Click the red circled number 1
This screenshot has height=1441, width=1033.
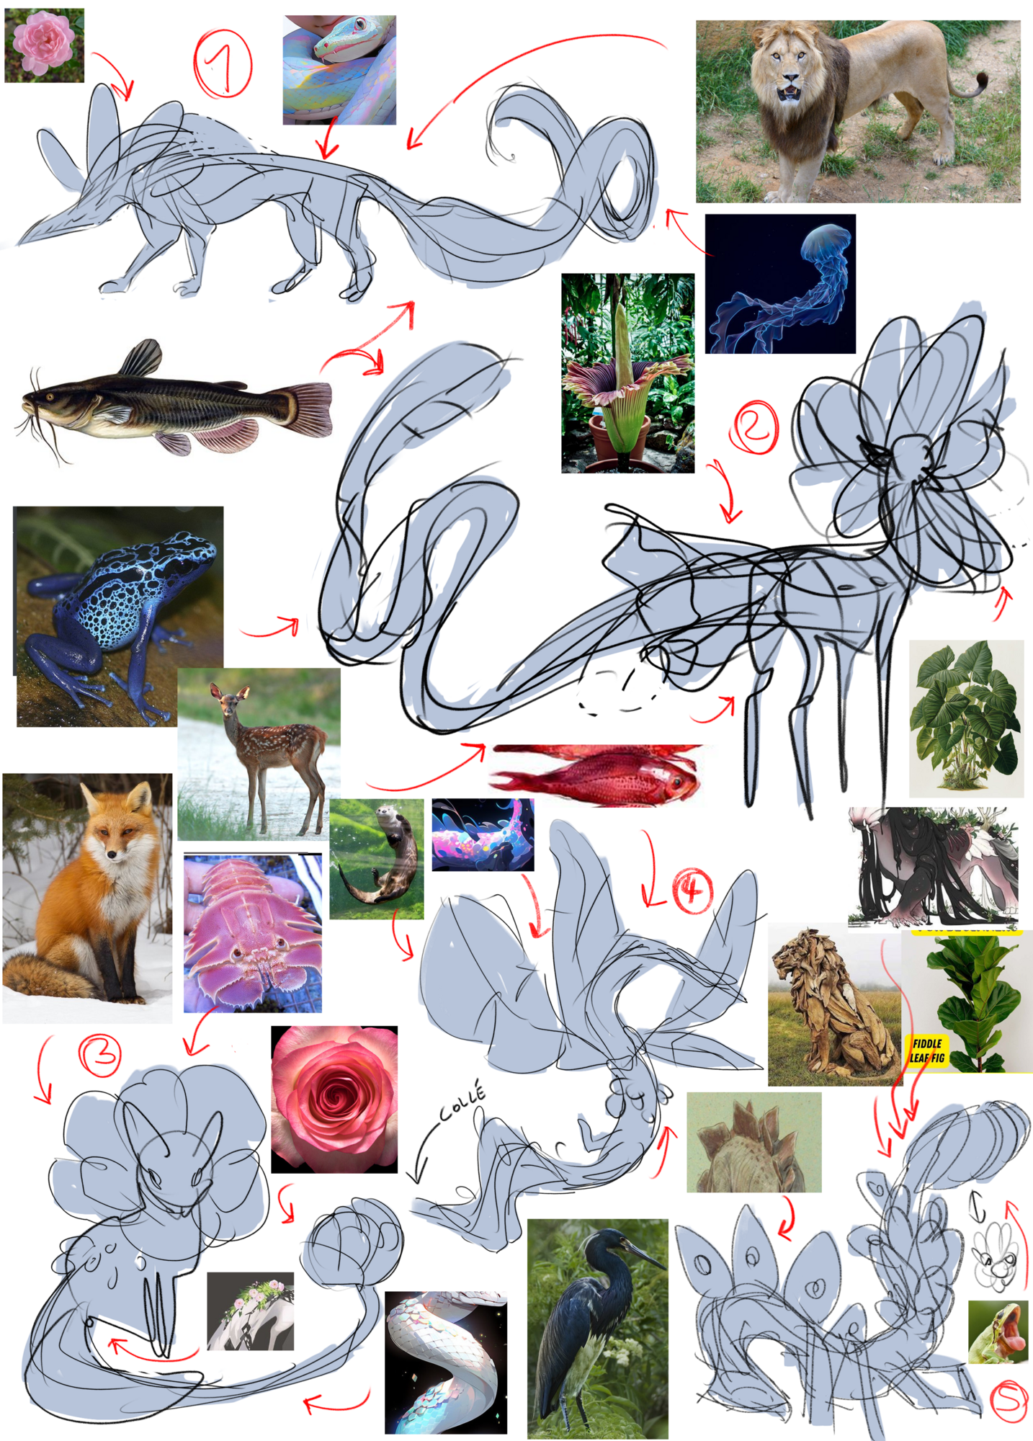point(223,63)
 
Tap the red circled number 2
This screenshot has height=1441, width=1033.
point(754,427)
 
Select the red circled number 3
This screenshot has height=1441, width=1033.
point(99,1055)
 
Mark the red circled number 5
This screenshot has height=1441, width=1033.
point(1009,1401)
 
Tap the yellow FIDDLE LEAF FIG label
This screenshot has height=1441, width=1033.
point(927,1050)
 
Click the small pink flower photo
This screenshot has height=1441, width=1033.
point(45,45)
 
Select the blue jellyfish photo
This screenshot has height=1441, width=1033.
point(780,284)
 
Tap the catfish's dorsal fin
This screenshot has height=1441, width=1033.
point(143,357)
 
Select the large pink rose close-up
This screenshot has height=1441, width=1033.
point(334,1099)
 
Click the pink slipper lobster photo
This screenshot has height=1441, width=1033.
point(252,933)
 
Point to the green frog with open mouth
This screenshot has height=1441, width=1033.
point(998,1332)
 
